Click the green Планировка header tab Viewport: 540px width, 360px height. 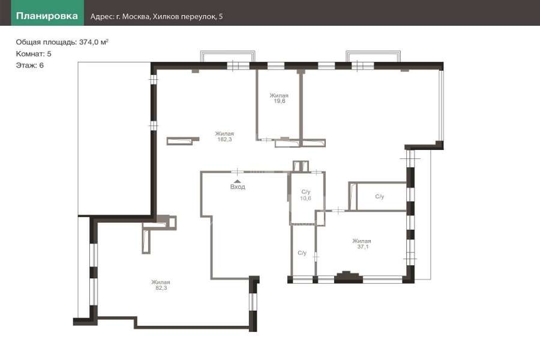coord(47,13)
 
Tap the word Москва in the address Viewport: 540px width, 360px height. coord(136,17)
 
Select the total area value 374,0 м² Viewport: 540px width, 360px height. coord(94,42)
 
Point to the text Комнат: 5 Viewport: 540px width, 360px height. coord(34,54)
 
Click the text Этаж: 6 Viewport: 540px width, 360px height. coord(29,65)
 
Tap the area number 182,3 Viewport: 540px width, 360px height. coord(224,140)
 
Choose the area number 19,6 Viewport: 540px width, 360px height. coord(279,101)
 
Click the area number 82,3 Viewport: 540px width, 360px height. coord(161,288)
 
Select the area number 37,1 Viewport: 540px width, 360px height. coord(362,247)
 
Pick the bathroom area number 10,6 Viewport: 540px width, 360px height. coord(305,198)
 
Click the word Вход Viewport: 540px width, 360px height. coord(238,187)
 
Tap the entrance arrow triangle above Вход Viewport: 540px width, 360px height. coord(237,181)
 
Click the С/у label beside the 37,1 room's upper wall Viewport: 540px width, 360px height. coord(380,197)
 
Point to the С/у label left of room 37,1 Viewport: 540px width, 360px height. coord(302,253)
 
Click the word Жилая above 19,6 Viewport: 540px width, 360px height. coord(279,95)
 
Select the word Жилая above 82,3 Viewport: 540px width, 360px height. coord(161,282)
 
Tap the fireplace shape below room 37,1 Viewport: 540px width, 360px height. coord(349,277)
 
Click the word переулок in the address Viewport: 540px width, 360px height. coord(199,17)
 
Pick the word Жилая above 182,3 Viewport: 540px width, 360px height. coord(224,134)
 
